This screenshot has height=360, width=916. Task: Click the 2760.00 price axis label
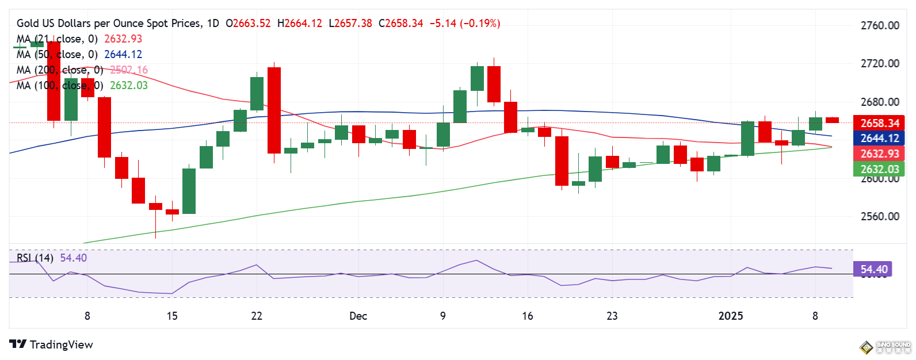click(x=879, y=25)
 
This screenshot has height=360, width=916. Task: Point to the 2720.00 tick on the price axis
click(x=879, y=63)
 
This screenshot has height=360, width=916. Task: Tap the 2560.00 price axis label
click(x=879, y=216)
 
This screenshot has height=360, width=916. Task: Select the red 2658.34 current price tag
click(x=879, y=123)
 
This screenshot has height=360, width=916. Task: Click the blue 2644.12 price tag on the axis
click(x=879, y=138)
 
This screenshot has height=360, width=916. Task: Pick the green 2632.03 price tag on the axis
click(x=879, y=169)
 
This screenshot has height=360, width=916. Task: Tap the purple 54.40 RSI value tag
click(x=873, y=269)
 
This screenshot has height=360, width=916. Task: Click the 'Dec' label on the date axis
click(x=358, y=316)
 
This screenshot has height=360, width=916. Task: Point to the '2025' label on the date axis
click(x=731, y=316)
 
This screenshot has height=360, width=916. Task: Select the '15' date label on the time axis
click(x=172, y=316)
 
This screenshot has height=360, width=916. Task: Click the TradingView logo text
click(x=61, y=344)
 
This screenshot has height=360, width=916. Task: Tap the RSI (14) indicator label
click(x=35, y=258)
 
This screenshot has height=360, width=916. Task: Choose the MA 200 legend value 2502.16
click(x=129, y=70)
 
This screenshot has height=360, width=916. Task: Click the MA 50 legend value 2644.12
click(x=123, y=54)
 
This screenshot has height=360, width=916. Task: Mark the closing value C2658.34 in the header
click(x=400, y=24)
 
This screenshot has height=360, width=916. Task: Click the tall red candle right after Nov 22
click(x=274, y=110)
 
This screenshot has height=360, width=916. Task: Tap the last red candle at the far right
click(x=832, y=120)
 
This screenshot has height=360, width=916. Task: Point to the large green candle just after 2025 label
click(x=747, y=138)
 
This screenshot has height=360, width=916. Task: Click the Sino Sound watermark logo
click(x=886, y=347)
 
